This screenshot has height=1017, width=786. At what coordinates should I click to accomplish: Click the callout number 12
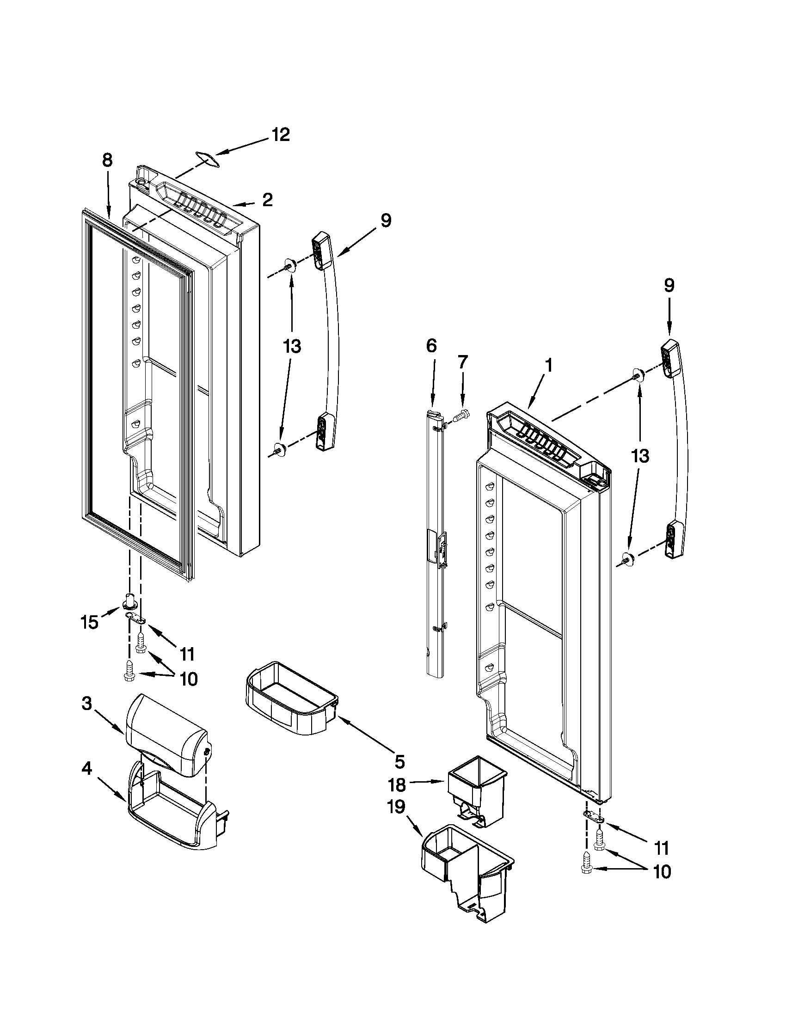(281, 135)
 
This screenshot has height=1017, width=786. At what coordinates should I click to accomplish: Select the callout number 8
(107, 161)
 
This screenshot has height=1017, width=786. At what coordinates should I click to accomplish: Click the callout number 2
(267, 200)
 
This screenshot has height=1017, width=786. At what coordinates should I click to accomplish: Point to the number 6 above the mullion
(431, 346)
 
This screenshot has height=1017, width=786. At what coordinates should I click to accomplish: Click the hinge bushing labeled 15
(131, 601)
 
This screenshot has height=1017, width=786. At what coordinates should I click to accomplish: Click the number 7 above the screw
(462, 362)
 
